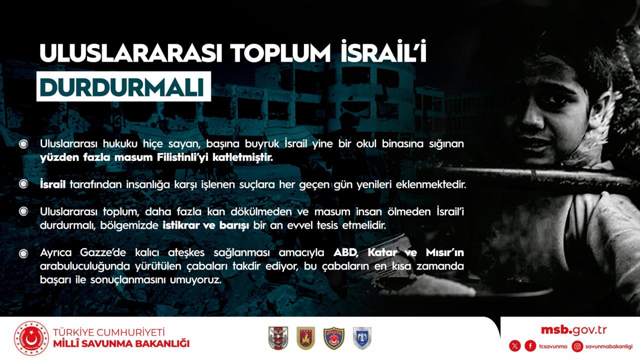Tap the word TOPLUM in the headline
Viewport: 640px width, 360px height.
coord(280,53)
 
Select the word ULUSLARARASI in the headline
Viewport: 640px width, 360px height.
coord(131,53)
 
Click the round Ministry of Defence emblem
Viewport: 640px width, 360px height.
coord(31,338)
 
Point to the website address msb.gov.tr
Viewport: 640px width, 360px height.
coord(573,330)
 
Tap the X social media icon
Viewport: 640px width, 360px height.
coord(515,346)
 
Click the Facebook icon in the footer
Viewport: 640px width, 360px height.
coord(530,346)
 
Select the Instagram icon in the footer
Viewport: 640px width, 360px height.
coord(577,346)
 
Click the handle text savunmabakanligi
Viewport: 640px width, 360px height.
coord(609,346)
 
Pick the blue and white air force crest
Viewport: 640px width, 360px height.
coord(362,338)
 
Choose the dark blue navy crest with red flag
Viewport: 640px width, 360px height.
coord(334,338)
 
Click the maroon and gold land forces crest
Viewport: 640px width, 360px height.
coord(305,338)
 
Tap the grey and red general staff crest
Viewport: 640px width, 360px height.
coord(278,338)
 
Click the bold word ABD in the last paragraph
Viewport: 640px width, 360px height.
coord(345,253)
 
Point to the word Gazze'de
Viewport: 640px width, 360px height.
coord(102,252)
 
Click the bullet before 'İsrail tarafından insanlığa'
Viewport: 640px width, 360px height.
coord(23,184)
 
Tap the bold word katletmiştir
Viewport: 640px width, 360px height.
coord(242,157)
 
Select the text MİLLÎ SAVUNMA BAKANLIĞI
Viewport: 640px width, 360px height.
coord(121,343)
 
